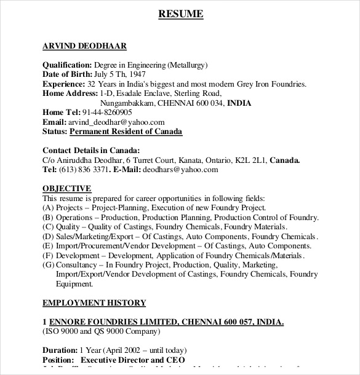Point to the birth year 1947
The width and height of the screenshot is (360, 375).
tap(140, 74)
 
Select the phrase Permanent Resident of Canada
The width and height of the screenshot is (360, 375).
tap(126, 132)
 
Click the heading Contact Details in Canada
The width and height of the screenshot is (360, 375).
tap(91, 151)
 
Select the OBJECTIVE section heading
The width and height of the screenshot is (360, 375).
tap(67, 189)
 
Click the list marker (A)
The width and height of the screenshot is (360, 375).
tap(48, 208)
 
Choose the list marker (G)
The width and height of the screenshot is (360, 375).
tap(48, 265)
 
